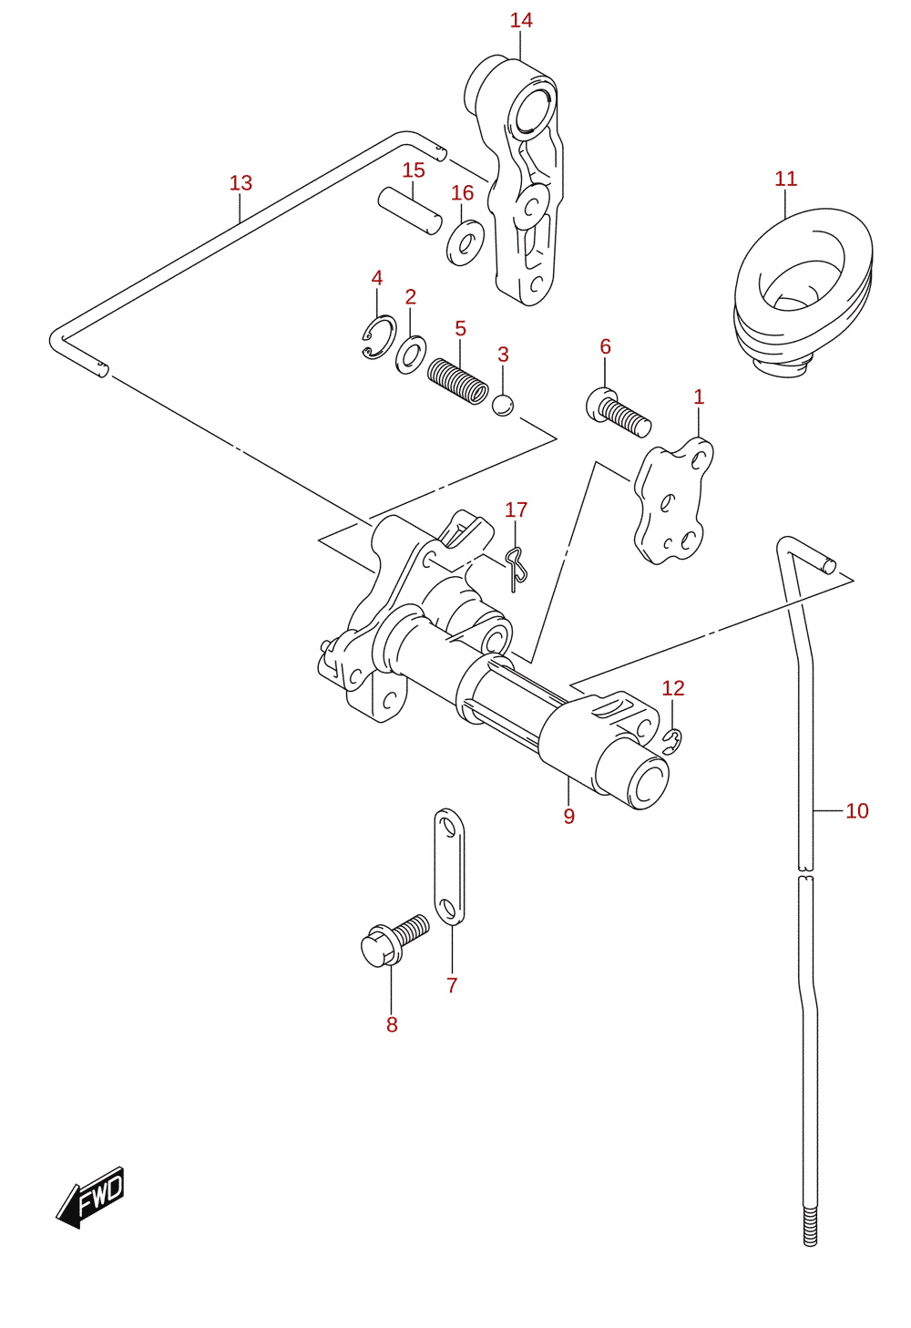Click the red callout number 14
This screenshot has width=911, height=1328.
(x=521, y=21)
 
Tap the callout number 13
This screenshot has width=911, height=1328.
(x=241, y=183)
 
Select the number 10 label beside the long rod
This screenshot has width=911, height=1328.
(x=856, y=810)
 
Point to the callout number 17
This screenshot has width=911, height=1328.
(x=516, y=510)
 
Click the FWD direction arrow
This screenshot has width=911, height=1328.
(x=91, y=1199)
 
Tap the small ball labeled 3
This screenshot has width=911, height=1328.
(x=503, y=405)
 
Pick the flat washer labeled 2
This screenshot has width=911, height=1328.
(x=410, y=355)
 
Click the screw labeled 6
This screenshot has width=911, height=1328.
(x=619, y=411)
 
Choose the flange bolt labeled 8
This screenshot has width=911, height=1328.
(x=394, y=942)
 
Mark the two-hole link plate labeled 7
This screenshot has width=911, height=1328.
(x=449, y=867)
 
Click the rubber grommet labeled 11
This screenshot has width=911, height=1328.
(x=803, y=291)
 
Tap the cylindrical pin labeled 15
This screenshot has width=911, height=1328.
(x=410, y=211)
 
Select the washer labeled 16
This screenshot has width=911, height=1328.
(x=466, y=242)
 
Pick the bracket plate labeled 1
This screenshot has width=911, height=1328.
(x=674, y=501)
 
